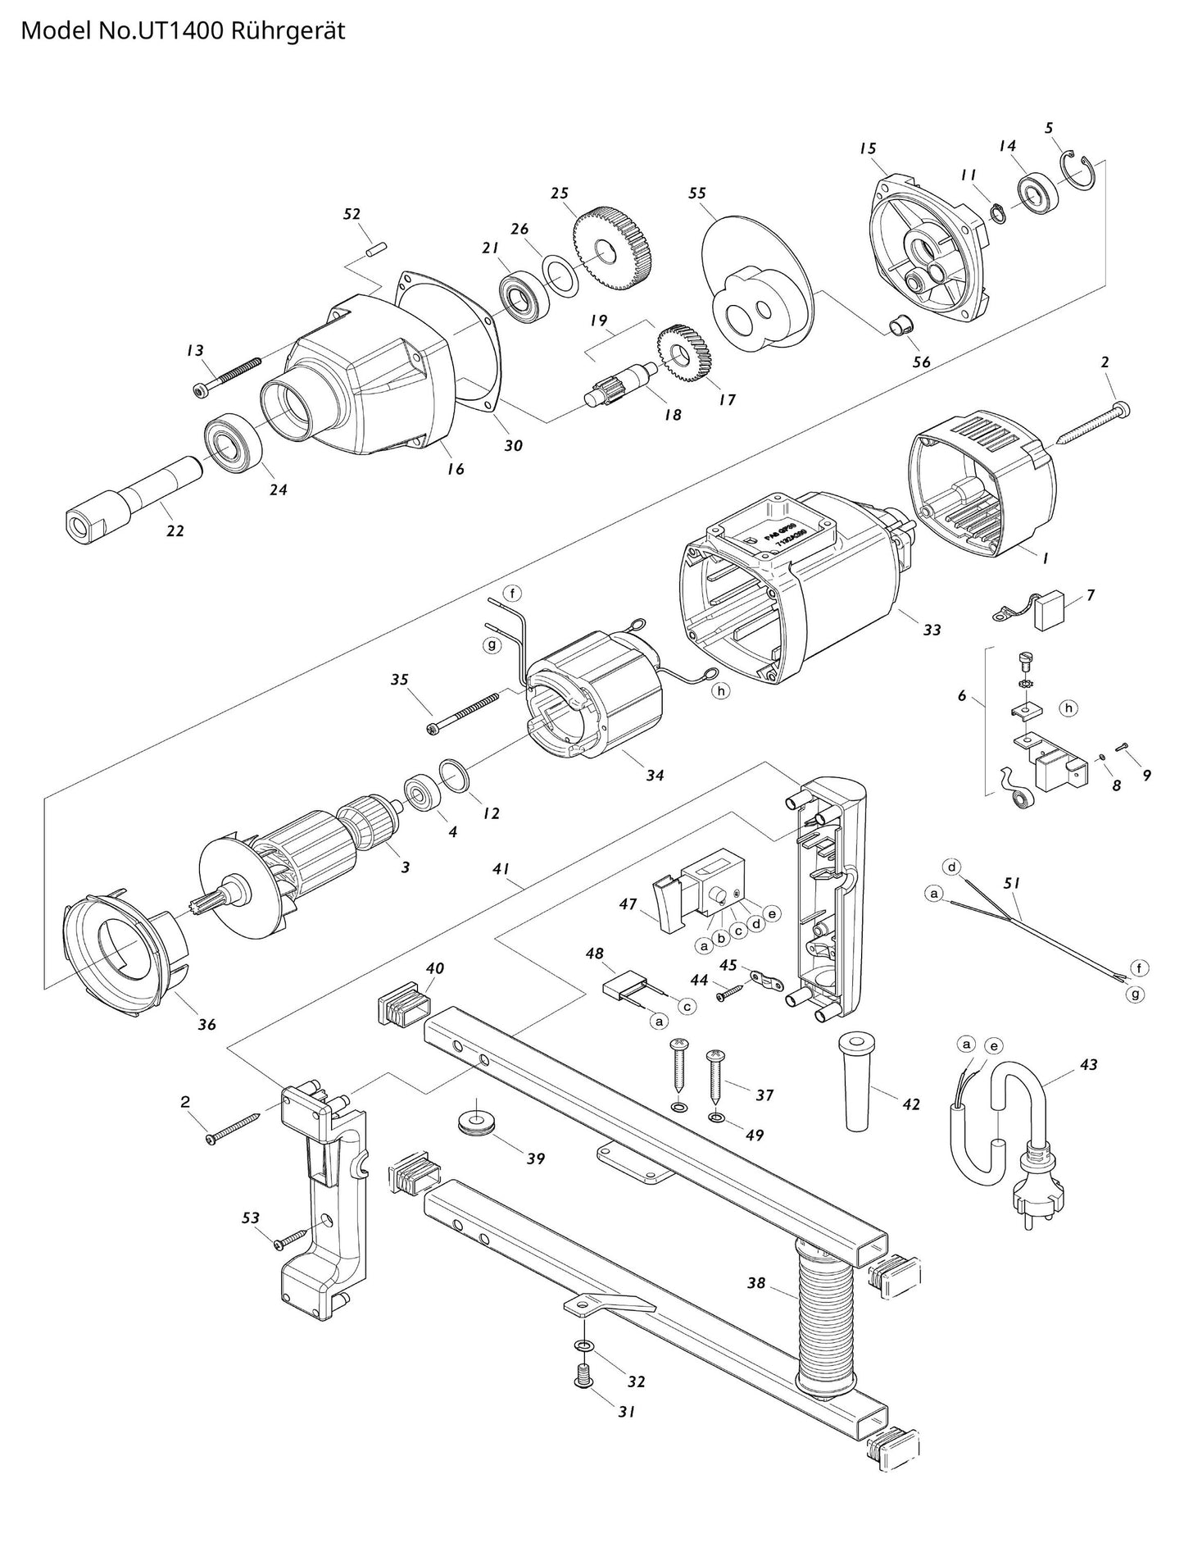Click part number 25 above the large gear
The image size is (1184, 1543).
pyautogui.click(x=560, y=193)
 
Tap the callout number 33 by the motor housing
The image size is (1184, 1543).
pyautogui.click(x=932, y=630)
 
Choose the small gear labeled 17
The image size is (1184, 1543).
pyautogui.click(x=684, y=353)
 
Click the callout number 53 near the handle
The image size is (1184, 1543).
pyautogui.click(x=252, y=1240)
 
